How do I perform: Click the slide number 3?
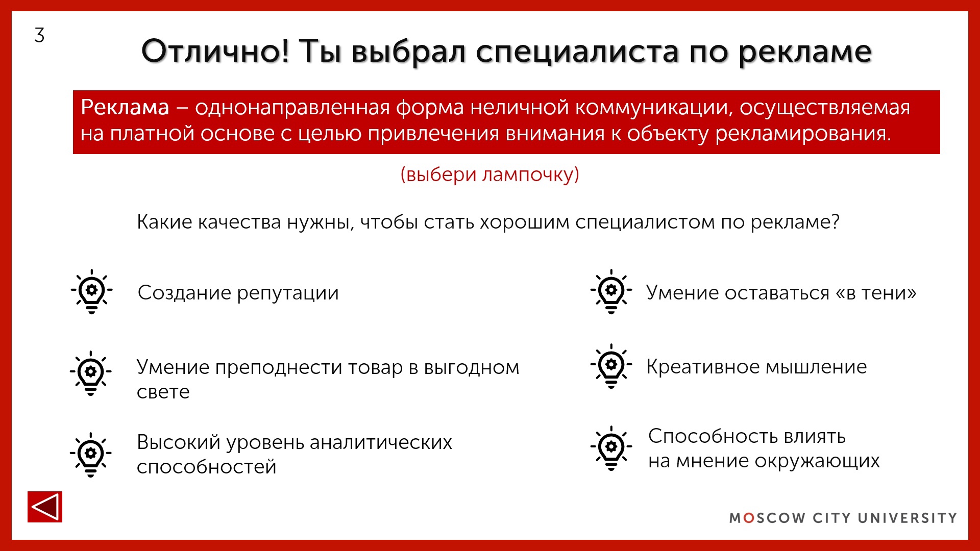point(39,36)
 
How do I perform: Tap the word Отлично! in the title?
point(215,51)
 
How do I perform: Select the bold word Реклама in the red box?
point(125,108)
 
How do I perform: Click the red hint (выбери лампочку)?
point(489,174)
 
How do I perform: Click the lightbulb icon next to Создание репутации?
point(92,291)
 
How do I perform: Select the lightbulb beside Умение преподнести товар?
point(91,373)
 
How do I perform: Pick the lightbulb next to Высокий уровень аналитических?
point(91,454)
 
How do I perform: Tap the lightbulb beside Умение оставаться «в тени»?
point(611,291)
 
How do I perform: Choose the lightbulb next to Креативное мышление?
point(611,366)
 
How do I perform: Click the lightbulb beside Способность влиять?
point(611,447)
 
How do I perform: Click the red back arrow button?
point(45,507)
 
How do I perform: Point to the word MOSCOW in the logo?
point(767,518)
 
